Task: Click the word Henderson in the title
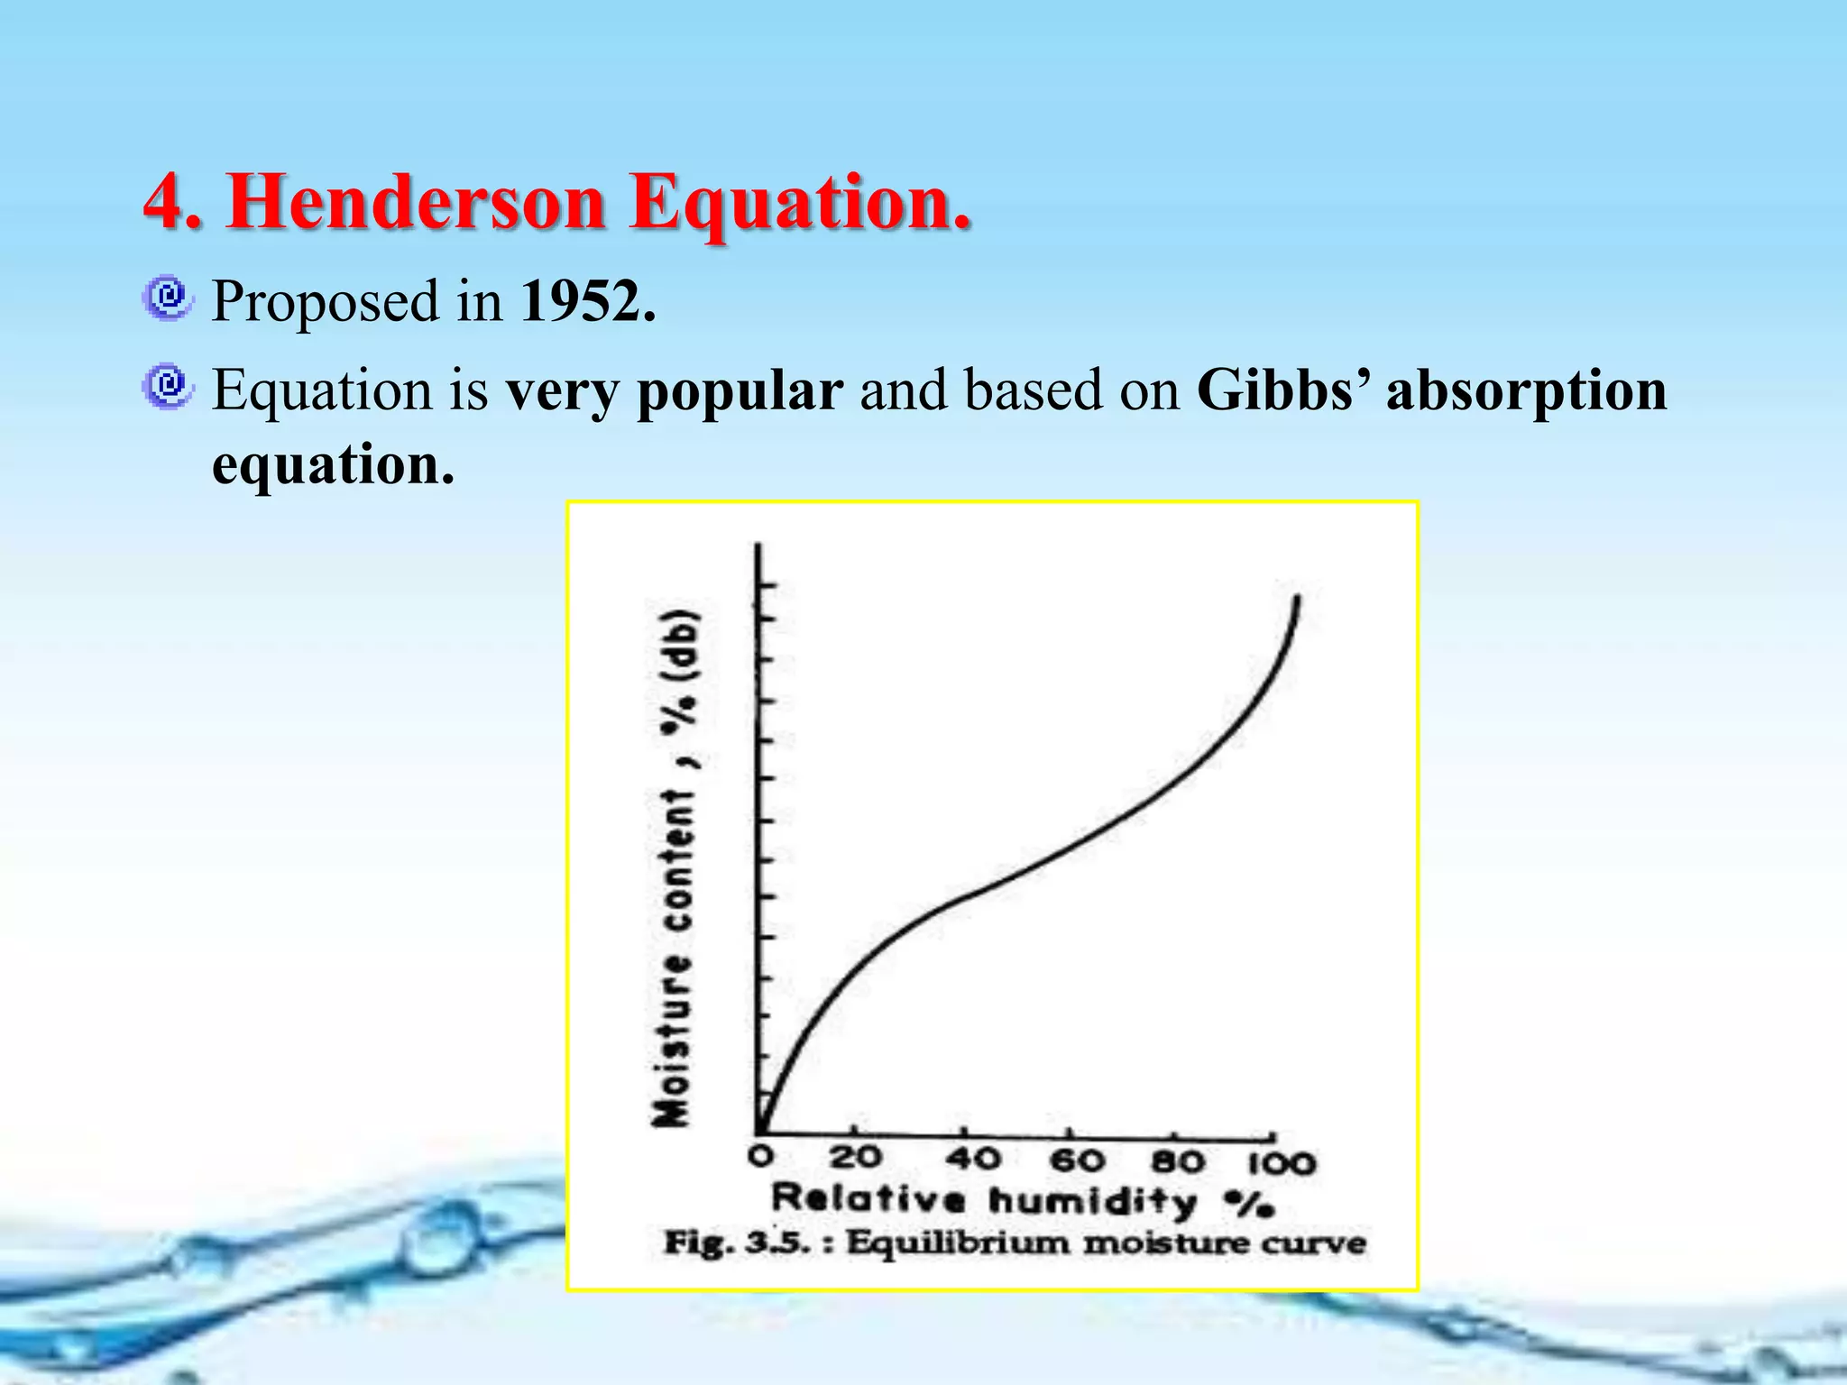[415, 202]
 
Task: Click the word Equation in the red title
[801, 202]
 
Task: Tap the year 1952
[587, 301]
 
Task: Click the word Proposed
[325, 303]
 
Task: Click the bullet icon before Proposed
[167, 298]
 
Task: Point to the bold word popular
[740, 393]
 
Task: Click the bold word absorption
[1527, 393]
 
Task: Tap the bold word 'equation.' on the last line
[332, 465]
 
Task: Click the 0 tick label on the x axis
[761, 1156]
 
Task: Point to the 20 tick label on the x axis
[855, 1156]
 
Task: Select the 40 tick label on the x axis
[973, 1158]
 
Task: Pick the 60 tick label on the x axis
[1079, 1160]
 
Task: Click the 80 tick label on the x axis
[1178, 1161]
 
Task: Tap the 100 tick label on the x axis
[1282, 1163]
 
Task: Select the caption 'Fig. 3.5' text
[736, 1243]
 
